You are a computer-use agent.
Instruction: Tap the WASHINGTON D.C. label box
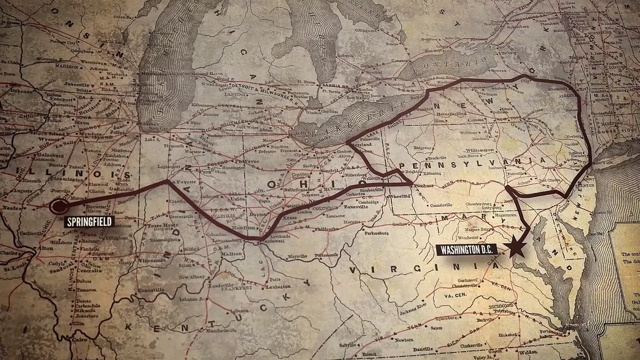[x=466, y=249]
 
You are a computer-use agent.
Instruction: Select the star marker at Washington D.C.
[x=515, y=247]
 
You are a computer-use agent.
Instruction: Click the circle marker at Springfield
[x=59, y=206]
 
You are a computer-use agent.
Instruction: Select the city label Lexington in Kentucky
[x=278, y=286]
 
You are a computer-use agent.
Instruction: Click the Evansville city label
[x=151, y=290]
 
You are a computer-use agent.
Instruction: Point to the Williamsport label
[x=481, y=149]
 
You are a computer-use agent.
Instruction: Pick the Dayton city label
[x=258, y=214]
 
